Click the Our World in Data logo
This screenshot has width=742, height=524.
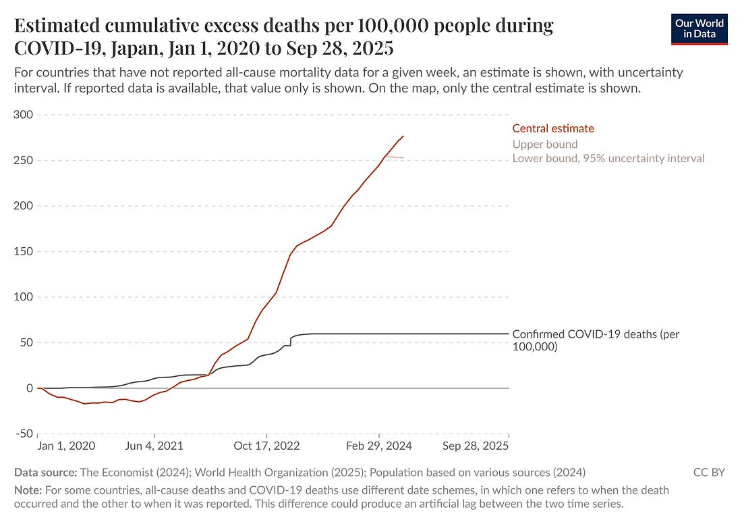tap(700, 28)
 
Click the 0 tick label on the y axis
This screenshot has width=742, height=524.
tap(28, 388)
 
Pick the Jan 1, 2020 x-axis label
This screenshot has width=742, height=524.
tap(67, 446)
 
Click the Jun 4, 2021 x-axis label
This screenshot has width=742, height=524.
tap(154, 446)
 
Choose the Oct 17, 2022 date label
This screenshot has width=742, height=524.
tap(267, 446)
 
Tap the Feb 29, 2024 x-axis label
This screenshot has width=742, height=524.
tap(380, 446)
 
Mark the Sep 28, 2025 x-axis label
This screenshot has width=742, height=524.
tap(476, 446)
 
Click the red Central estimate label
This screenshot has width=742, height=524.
tap(553, 128)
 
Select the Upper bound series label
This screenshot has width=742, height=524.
tap(545, 144)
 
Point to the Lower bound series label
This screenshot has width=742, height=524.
tap(608, 159)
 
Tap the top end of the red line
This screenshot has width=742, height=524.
tap(403, 136)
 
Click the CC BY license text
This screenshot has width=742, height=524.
tap(709, 473)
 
